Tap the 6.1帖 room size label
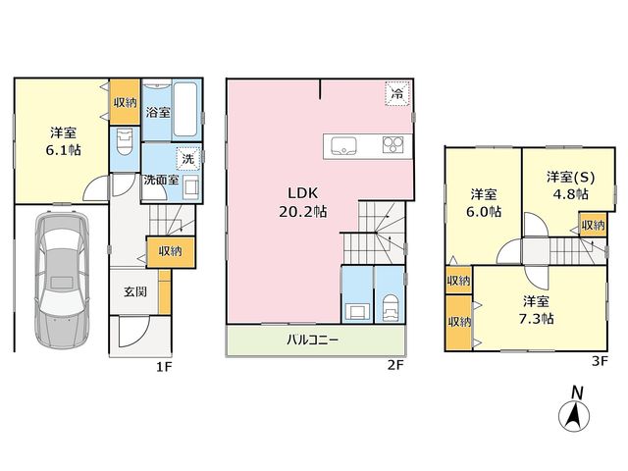pyautogui.click(x=63, y=150)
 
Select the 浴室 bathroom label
pyautogui.click(x=158, y=112)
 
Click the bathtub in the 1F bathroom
pyautogui.click(x=185, y=109)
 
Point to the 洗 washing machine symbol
pyautogui.click(x=187, y=159)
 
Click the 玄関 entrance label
pyautogui.click(x=135, y=291)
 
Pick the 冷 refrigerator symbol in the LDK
pyautogui.click(x=397, y=94)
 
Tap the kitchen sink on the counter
pyautogui.click(x=343, y=145)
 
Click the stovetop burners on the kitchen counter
pyautogui.click(x=392, y=145)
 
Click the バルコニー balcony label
pyautogui.click(x=312, y=340)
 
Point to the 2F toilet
pyautogui.click(x=391, y=307)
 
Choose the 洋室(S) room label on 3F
pyautogui.click(x=570, y=177)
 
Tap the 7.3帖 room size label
pyautogui.click(x=537, y=319)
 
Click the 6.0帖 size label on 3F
pyautogui.click(x=484, y=211)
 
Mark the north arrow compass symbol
pyautogui.click(x=574, y=409)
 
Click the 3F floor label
pyautogui.click(x=600, y=361)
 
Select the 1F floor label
pyautogui.click(x=164, y=367)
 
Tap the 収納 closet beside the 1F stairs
pyautogui.click(x=171, y=252)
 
